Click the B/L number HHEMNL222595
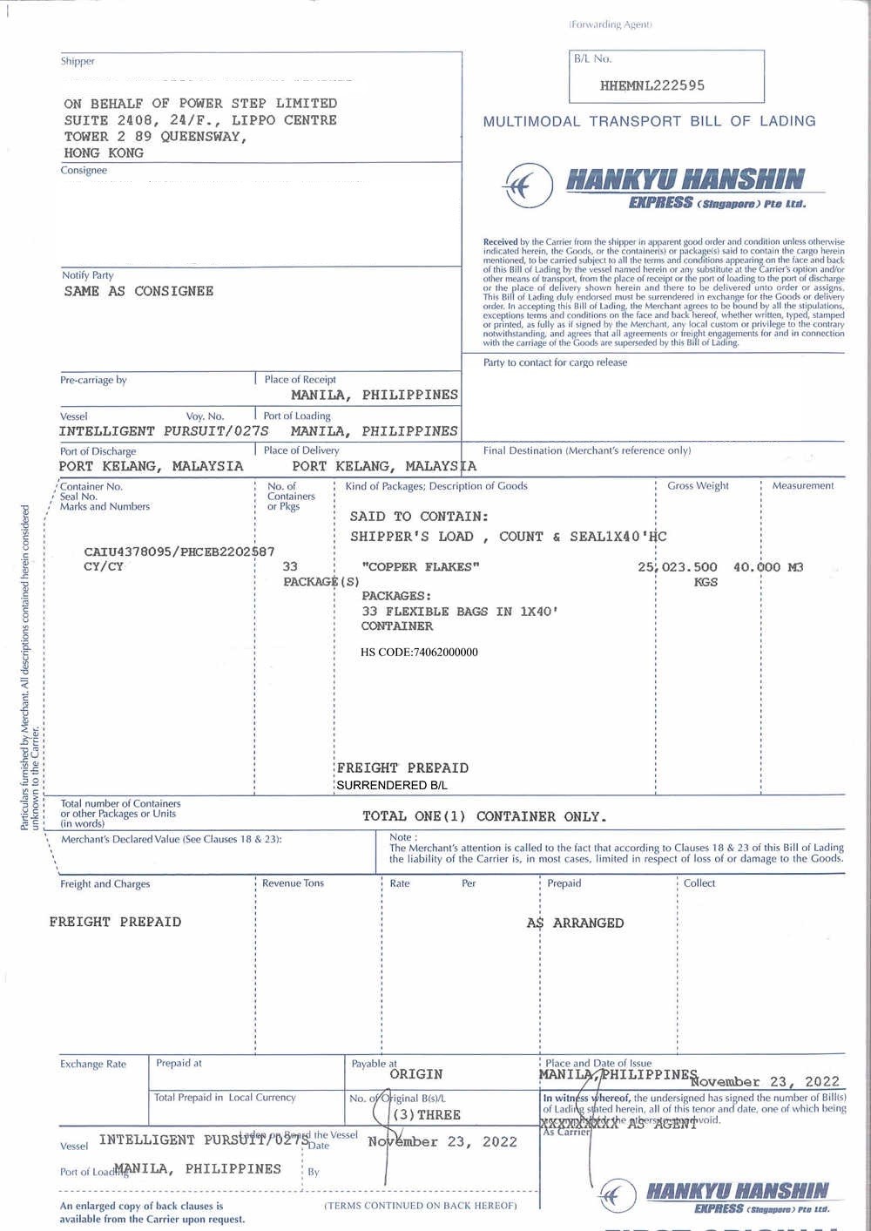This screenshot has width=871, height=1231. (x=652, y=85)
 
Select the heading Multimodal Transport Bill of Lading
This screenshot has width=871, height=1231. (x=649, y=121)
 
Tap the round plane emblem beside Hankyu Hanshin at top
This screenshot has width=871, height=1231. (x=527, y=186)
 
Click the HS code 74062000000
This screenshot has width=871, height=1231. (x=419, y=652)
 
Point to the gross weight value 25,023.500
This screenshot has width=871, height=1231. (x=678, y=567)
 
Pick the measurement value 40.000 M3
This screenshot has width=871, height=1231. (x=768, y=567)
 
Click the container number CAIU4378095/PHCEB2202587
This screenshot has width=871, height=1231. (x=179, y=551)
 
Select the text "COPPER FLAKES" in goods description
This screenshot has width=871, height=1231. (x=421, y=567)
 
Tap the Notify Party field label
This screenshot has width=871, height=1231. (x=87, y=275)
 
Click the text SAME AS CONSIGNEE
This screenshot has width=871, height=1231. (x=138, y=291)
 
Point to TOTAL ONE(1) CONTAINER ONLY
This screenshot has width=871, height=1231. (x=483, y=816)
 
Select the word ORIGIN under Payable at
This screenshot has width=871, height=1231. (x=416, y=1074)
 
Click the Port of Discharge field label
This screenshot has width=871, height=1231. (x=98, y=451)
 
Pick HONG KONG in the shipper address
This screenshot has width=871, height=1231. (x=104, y=152)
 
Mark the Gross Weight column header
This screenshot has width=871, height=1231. (x=698, y=486)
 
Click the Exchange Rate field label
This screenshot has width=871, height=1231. (x=93, y=1064)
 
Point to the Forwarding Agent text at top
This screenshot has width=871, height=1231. (x=610, y=24)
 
